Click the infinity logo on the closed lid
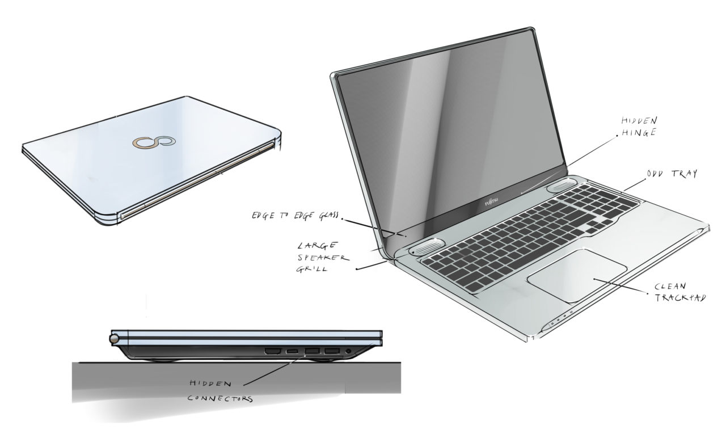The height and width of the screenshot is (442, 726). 150,143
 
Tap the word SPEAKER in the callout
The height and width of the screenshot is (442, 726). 317,257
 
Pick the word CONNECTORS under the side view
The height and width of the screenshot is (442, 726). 220,398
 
